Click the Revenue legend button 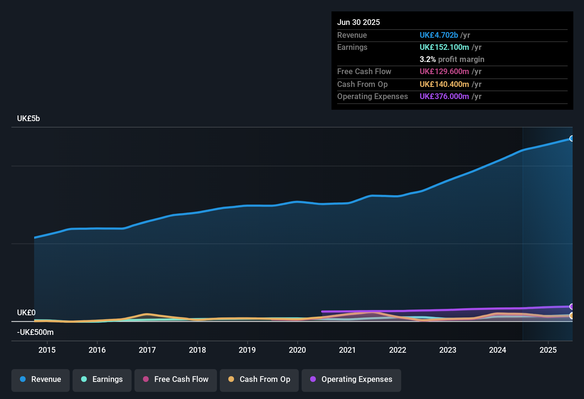pyautogui.click(x=41, y=379)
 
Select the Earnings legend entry pyautogui.click(x=102, y=379)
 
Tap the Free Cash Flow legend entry pyautogui.click(x=176, y=379)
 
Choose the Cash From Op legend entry pyautogui.click(x=259, y=379)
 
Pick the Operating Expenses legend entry pyautogui.click(x=351, y=379)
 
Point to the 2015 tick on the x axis pyautogui.click(x=47, y=350)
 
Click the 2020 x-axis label pyautogui.click(x=297, y=350)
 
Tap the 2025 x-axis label pyautogui.click(x=548, y=350)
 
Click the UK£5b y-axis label pyautogui.click(x=28, y=119)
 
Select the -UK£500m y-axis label pyautogui.click(x=35, y=332)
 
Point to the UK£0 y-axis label pyautogui.click(x=26, y=313)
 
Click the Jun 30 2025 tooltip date pyautogui.click(x=359, y=22)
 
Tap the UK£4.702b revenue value pyautogui.click(x=439, y=35)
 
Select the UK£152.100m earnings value pyautogui.click(x=444, y=47)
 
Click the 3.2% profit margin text pyautogui.click(x=452, y=59)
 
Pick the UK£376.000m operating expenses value pyautogui.click(x=444, y=97)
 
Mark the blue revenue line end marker pyautogui.click(x=572, y=139)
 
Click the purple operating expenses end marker pyautogui.click(x=572, y=306)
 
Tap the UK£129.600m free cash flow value pyautogui.click(x=444, y=72)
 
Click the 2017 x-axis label pyautogui.click(x=147, y=350)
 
